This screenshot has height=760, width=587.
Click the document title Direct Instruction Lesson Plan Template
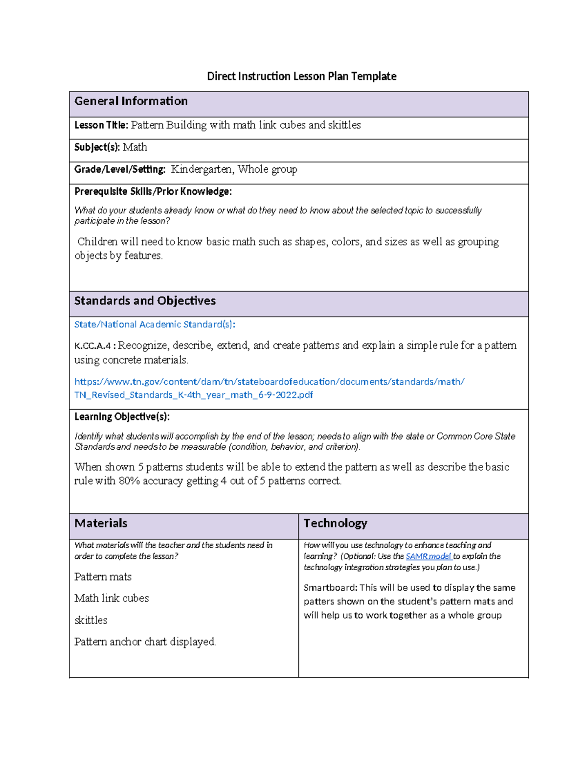coord(301,76)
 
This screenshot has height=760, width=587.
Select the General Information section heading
coord(131,101)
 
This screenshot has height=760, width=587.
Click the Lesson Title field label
coord(101,125)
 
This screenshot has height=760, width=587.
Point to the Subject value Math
coord(135,147)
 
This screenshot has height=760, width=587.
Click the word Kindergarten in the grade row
coord(202,169)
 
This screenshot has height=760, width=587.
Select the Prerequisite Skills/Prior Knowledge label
coord(153,191)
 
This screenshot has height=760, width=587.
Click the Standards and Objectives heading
coord(145,301)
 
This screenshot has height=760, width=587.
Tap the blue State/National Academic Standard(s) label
coord(155,324)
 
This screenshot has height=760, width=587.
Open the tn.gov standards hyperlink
coord(269,382)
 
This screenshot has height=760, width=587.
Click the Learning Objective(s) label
coord(122,417)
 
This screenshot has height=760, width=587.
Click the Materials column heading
coord(101,523)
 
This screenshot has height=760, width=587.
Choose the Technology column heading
coord(335,523)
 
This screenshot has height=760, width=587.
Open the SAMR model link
coord(428,556)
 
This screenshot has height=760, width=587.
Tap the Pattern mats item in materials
coord(103,577)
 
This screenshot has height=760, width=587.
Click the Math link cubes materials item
coord(112,599)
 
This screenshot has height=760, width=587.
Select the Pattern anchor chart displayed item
coord(145,642)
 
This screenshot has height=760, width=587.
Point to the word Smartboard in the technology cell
coord(330,588)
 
